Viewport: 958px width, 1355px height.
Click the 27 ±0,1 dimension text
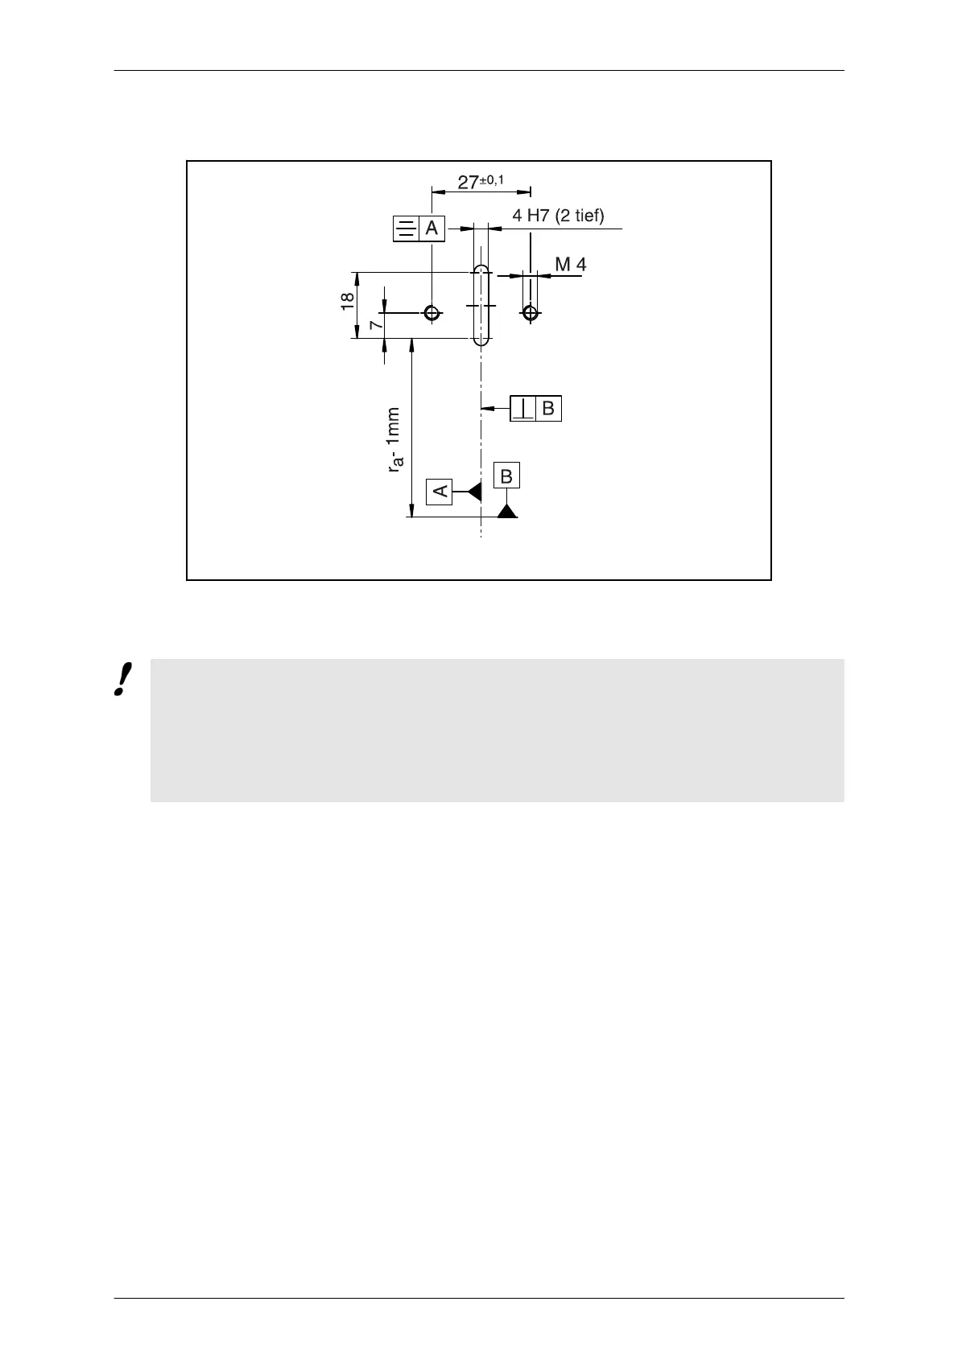[480, 182]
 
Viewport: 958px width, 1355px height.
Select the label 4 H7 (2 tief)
[558, 215]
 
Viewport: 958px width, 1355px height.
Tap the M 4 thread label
[571, 264]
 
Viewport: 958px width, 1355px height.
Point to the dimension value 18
[347, 301]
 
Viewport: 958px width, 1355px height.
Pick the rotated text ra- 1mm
[394, 439]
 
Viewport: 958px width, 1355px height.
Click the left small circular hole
[432, 312]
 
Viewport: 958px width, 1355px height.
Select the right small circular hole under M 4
[530, 312]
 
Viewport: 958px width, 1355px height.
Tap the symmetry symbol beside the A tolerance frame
[407, 229]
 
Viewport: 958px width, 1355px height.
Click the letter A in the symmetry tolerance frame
[432, 229]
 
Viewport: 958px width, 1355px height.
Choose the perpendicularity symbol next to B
[523, 409]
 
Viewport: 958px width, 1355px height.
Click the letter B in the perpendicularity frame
[548, 409]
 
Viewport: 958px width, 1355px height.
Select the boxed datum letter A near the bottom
[440, 490]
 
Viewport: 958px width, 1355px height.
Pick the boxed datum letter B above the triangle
[506, 476]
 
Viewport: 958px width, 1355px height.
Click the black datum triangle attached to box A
[475, 490]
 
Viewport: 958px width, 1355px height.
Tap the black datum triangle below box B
[506, 510]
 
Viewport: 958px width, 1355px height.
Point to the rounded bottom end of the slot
[481, 340]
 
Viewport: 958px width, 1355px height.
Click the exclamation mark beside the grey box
[122, 680]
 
